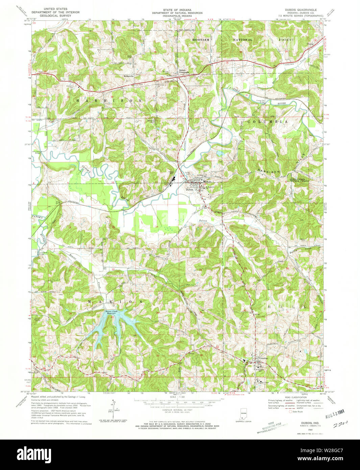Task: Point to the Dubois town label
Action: tap(189, 189)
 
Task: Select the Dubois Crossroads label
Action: tap(184, 71)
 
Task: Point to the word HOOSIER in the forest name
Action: tap(201, 40)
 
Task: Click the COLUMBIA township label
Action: tap(267, 121)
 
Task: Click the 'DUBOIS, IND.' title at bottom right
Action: tap(306, 423)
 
